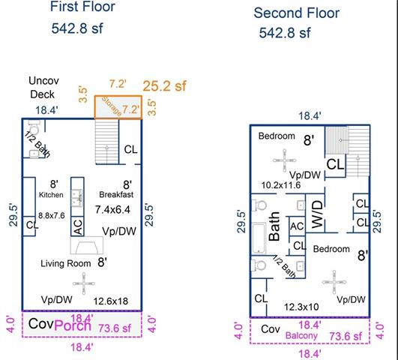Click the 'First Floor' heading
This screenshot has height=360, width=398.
tap(82, 6)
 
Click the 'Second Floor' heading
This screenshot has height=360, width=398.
tap(297, 13)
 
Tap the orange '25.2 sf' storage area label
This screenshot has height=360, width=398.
tap(164, 85)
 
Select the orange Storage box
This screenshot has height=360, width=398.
tap(118, 107)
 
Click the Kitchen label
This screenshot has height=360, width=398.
tap(51, 195)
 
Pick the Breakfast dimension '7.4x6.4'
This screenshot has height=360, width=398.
tap(112, 210)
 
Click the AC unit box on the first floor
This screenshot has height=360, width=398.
tap(77, 226)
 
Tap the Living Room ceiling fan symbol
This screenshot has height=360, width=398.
tap(84, 283)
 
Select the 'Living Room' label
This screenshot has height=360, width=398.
tap(66, 263)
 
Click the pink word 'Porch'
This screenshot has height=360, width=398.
tap(73, 325)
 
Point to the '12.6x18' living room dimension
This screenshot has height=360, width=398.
tap(111, 301)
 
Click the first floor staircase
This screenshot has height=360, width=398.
tap(107, 142)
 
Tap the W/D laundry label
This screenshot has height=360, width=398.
tap(317, 214)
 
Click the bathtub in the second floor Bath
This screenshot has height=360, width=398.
tap(259, 238)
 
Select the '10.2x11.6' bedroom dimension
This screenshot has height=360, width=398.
tap(281, 185)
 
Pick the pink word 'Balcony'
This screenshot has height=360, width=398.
tap(301, 335)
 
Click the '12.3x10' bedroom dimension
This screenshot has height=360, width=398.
tap(301, 307)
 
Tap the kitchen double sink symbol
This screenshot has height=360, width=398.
tap(77, 198)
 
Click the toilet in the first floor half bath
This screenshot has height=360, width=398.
tap(34, 127)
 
